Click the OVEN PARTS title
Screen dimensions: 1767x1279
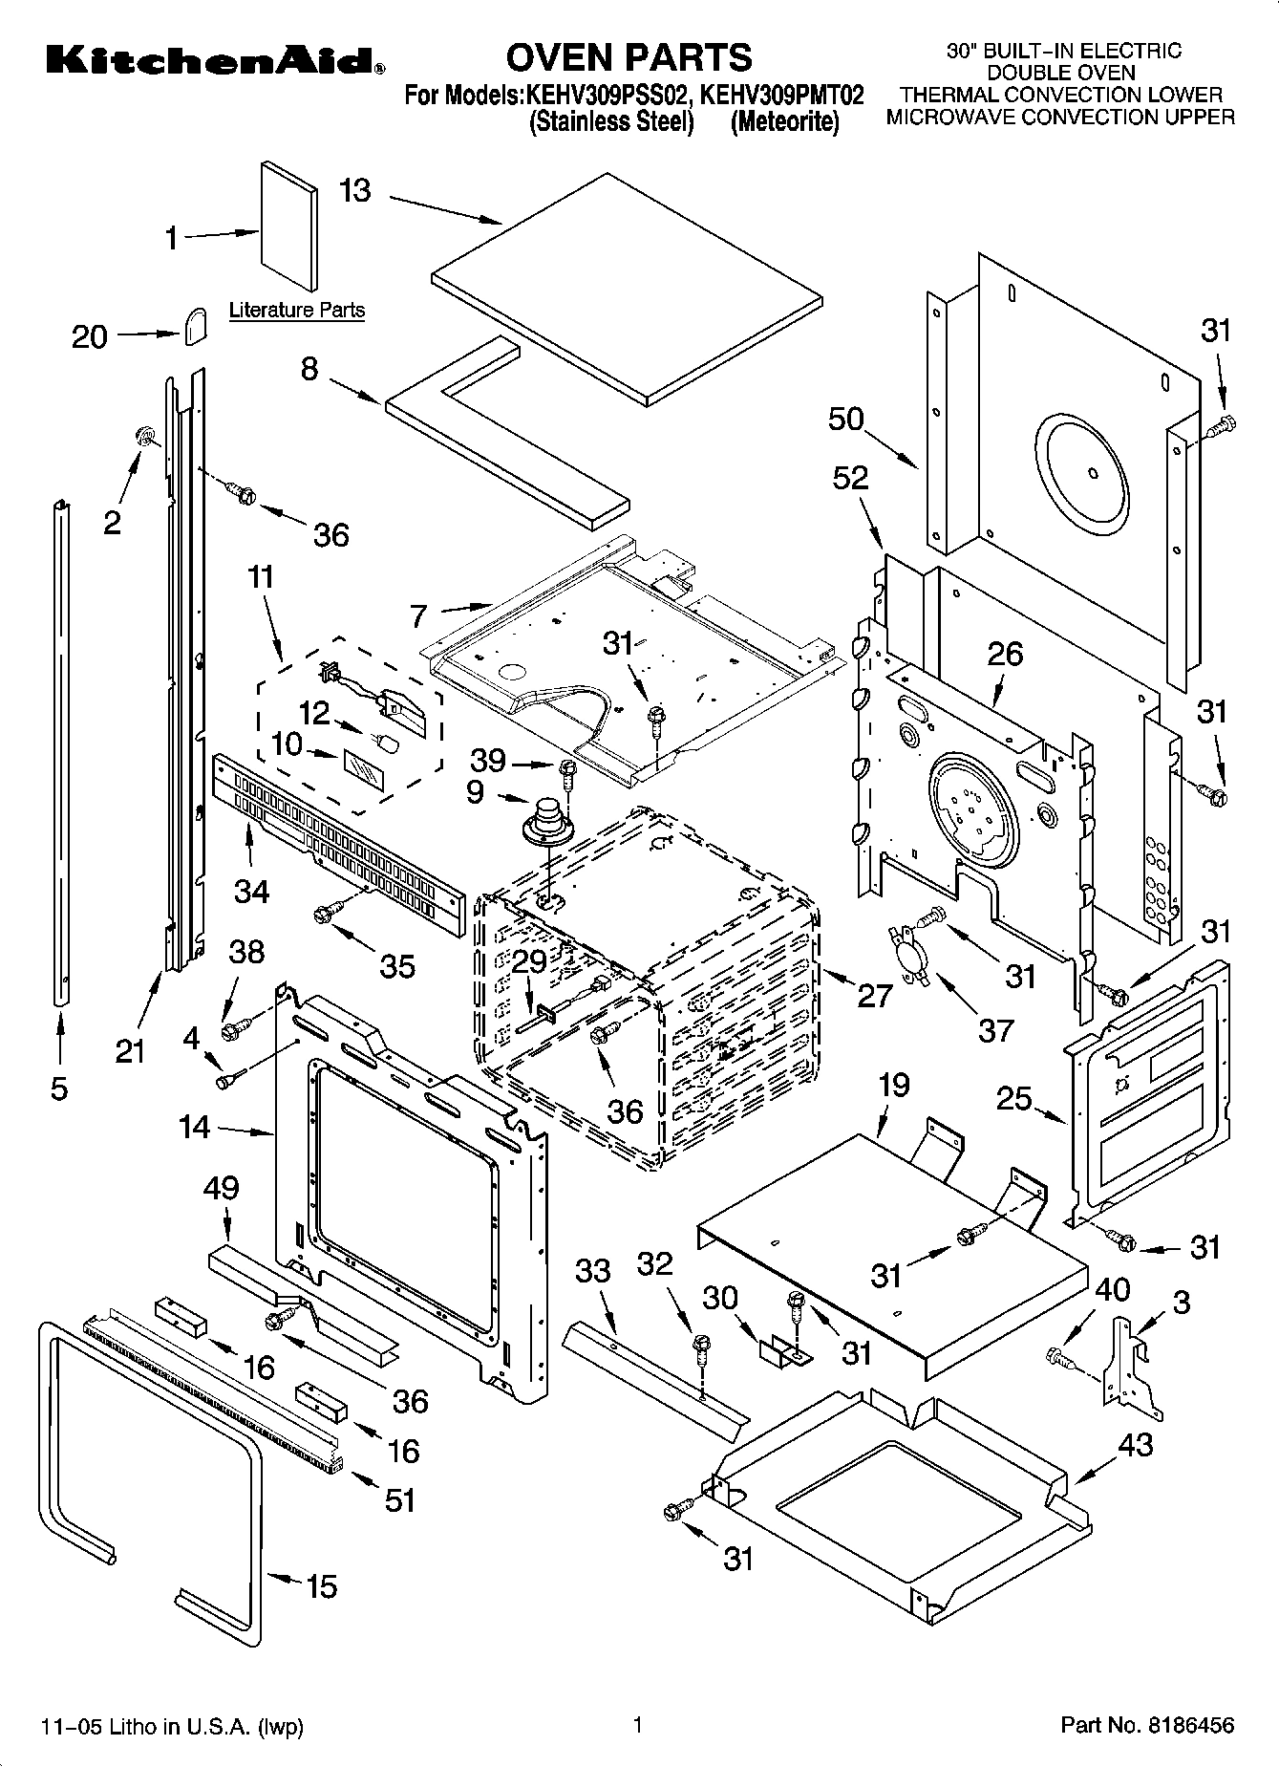coord(629,57)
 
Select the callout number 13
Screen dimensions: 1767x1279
coord(354,190)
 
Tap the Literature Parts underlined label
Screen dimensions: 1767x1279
coord(297,310)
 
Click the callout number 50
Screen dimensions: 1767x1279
coord(846,419)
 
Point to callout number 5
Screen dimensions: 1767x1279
coord(59,1088)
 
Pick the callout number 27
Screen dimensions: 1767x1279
coord(875,995)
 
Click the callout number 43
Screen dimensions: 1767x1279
coord(1136,1444)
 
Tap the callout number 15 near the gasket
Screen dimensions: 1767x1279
coord(321,1586)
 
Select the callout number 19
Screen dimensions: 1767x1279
coord(894,1085)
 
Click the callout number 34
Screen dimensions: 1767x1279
coord(251,891)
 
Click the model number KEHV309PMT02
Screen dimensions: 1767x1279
coord(782,96)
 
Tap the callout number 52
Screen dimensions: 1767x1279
coord(850,478)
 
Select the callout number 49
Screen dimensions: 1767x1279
coord(221,1188)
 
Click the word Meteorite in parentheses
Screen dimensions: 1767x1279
coord(784,122)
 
